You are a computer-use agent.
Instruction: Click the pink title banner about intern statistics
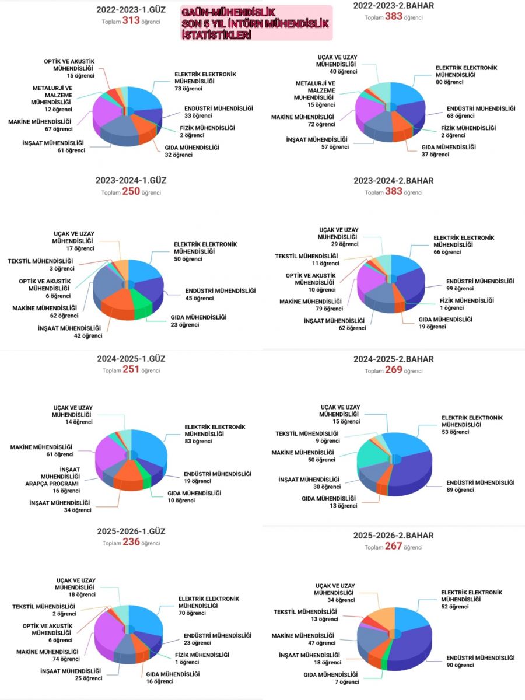(256, 23)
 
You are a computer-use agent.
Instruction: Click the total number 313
(131, 20)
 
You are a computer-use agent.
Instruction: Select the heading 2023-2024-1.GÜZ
(131, 180)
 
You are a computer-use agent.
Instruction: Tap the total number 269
(394, 370)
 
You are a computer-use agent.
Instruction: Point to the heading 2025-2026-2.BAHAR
(393, 535)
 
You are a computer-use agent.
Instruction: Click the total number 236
(131, 541)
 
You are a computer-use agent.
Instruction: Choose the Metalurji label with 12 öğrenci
(52, 99)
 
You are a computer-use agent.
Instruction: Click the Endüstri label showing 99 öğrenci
(480, 285)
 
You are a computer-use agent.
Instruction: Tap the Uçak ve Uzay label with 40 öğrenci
(337, 64)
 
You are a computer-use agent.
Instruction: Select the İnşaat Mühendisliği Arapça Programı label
(52, 480)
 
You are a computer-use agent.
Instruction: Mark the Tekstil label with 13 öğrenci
(305, 615)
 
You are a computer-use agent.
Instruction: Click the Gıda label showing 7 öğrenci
(331, 678)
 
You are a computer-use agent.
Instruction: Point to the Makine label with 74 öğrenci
(47, 655)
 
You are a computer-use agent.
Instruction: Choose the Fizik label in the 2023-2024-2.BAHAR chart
(467, 304)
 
